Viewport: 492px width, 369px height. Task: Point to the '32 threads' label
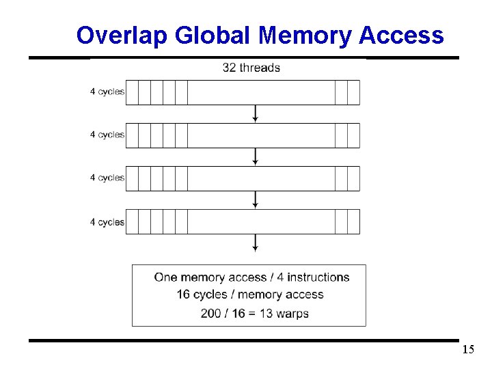click(x=251, y=68)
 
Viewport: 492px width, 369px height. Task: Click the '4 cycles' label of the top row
click(x=107, y=92)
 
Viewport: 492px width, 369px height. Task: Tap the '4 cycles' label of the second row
click(x=107, y=135)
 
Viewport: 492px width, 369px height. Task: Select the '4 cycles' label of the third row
click(x=107, y=178)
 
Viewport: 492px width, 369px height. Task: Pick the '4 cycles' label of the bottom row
click(x=107, y=222)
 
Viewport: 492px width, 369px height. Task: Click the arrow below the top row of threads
click(x=255, y=113)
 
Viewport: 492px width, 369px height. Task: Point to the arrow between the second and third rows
click(x=255, y=156)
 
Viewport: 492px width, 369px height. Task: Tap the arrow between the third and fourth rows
click(x=255, y=200)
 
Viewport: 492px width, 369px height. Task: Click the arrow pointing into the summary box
click(x=255, y=243)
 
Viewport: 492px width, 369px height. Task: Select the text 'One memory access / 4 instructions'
click(x=251, y=277)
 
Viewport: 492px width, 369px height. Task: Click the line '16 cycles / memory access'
click(x=250, y=295)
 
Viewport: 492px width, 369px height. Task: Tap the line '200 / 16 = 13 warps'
click(x=255, y=314)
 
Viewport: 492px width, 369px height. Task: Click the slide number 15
click(x=468, y=351)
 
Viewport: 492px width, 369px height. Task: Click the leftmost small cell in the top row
click(x=133, y=92)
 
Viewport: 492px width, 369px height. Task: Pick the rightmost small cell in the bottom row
click(x=353, y=221)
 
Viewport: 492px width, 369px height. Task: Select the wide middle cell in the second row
click(x=261, y=135)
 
